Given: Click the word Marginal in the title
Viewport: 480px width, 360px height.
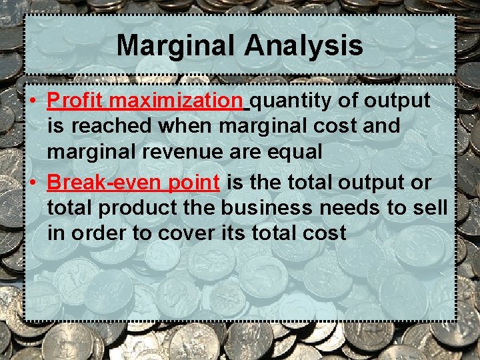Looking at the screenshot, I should click(x=177, y=46).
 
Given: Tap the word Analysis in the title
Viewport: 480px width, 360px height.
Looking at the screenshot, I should click(x=303, y=46).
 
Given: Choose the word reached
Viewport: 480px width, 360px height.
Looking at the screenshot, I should click(x=103, y=125).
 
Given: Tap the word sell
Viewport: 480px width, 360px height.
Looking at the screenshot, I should click(x=431, y=207).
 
